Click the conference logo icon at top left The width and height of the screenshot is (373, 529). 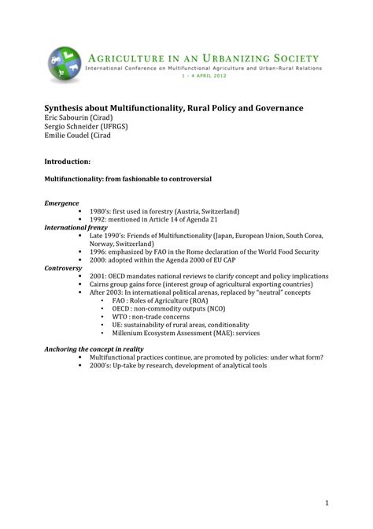pyautogui.click(x=62, y=61)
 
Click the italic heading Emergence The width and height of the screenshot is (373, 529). pyautogui.click(x=61, y=203)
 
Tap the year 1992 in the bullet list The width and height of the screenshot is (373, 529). pyautogui.click(x=99, y=219)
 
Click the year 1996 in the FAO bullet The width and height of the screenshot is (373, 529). pyautogui.click(x=99, y=251)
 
